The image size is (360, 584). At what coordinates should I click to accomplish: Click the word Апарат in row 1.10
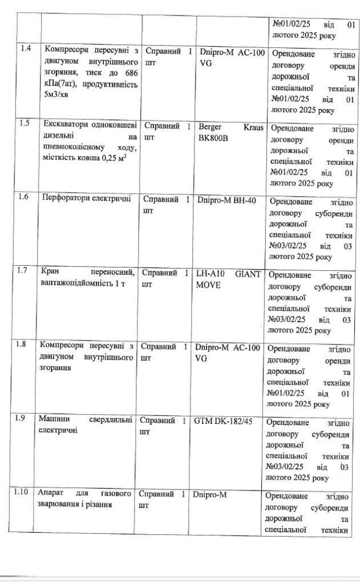[x=51, y=493]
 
